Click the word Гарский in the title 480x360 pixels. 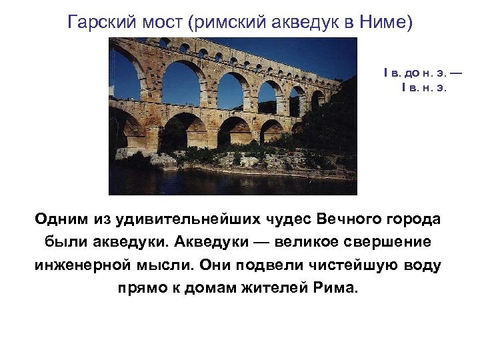(99, 23)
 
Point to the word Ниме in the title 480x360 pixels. (389, 23)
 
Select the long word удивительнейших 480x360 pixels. (183, 219)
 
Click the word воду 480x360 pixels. (421, 265)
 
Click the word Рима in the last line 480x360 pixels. (339, 289)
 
